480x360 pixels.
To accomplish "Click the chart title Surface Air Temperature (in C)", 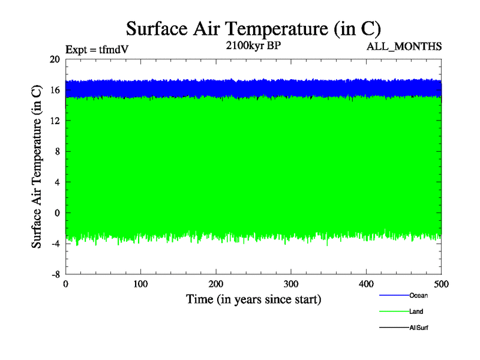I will point(253,28).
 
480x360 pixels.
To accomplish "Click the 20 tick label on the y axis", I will point(55,59).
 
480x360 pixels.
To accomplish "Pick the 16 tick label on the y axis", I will point(55,90).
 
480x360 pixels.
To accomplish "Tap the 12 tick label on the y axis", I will point(55,121).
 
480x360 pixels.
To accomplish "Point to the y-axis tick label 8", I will point(57,151).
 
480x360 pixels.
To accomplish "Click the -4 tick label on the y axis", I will point(55,243).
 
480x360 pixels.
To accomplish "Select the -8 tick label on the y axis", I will point(55,274).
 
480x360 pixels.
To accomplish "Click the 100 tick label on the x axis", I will point(140,284).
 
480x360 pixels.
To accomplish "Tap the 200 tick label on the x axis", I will point(216,284).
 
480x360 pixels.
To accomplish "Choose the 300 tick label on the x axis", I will point(291,284).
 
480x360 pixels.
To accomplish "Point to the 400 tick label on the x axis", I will point(366,284).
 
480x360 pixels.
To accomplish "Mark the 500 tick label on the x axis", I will point(441,284).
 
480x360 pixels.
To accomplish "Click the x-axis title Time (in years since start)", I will point(253,299).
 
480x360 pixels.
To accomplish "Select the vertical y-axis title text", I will point(37,166).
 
